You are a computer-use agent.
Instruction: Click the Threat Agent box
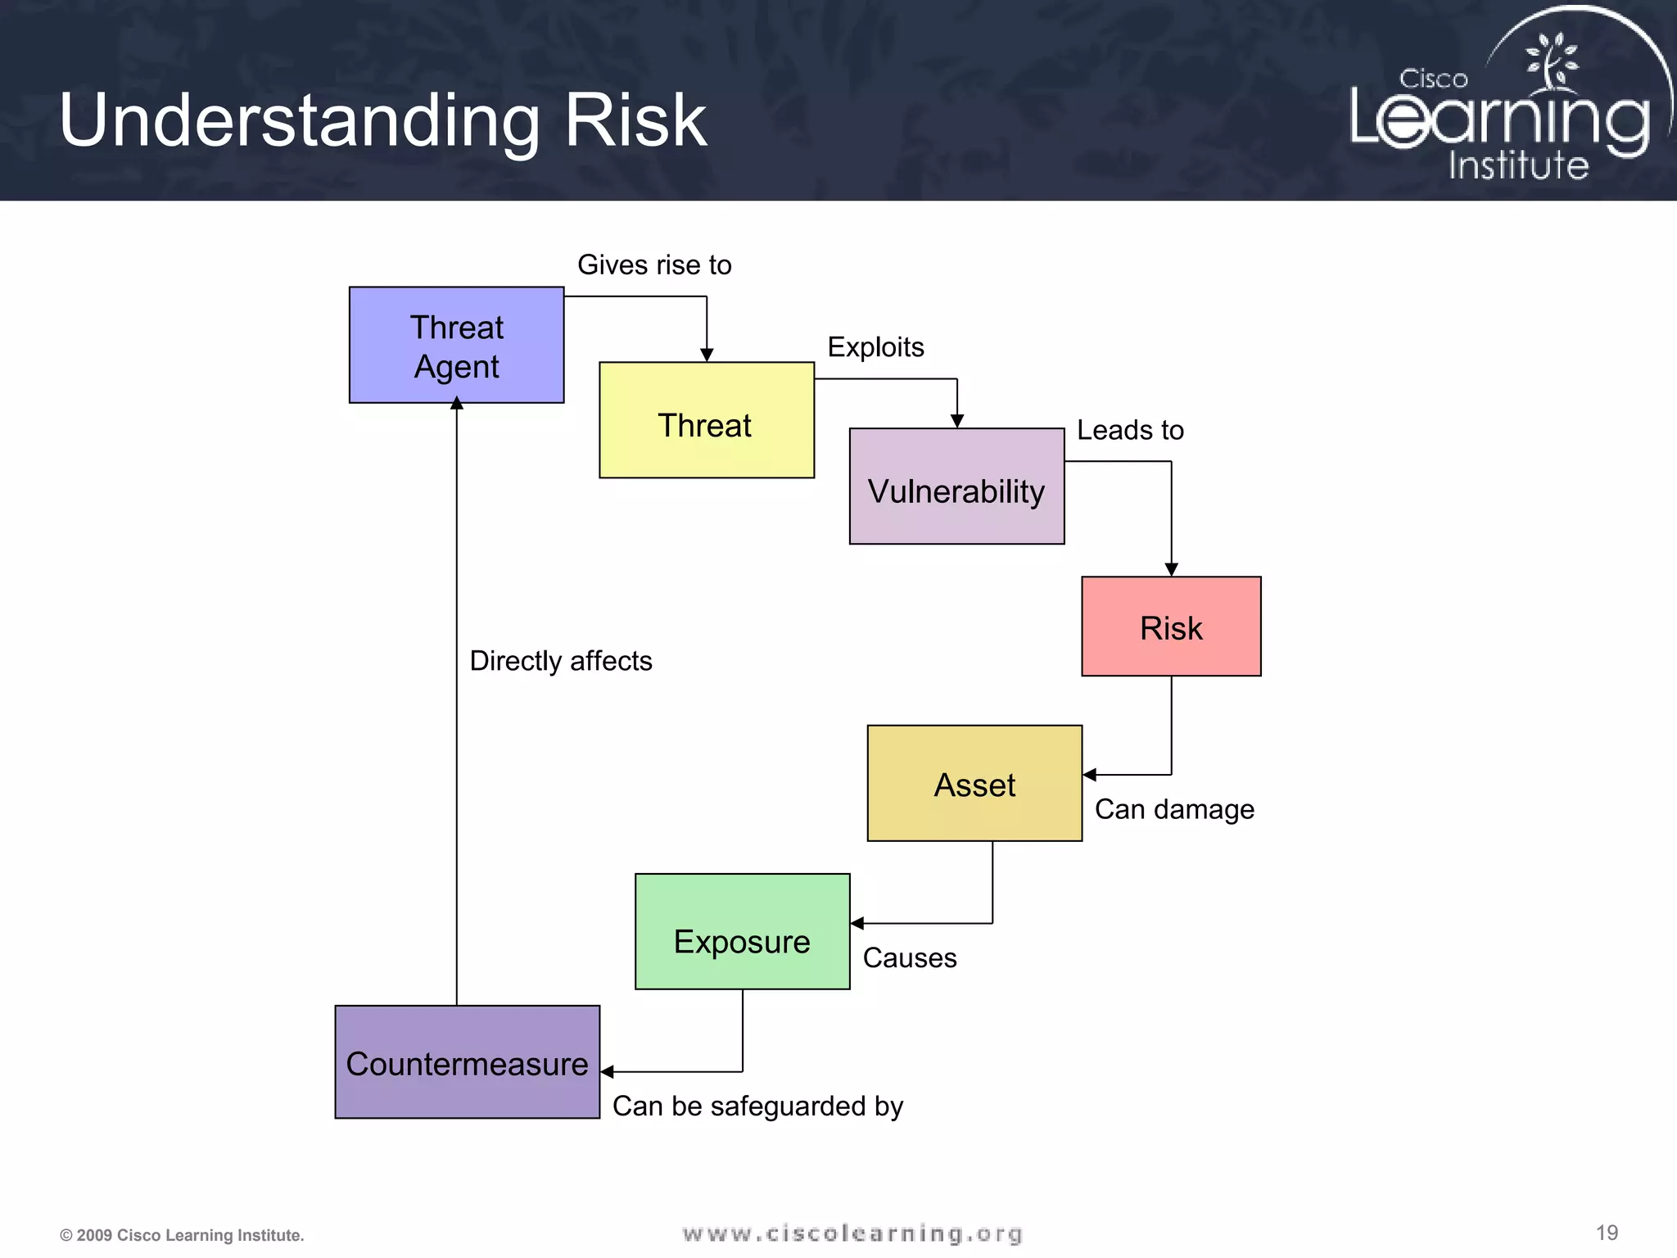click(456, 345)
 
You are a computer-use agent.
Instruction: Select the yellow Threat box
click(706, 420)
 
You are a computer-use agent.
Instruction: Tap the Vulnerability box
click(956, 486)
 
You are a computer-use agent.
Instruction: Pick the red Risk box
click(1171, 627)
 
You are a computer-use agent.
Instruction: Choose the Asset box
click(974, 783)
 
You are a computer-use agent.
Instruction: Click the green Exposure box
click(742, 932)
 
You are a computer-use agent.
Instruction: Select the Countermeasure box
click(467, 1062)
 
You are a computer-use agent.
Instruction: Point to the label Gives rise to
click(654, 265)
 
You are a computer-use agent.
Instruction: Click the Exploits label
click(875, 347)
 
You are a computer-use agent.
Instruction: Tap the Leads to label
click(1130, 430)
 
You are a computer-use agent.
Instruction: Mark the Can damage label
click(1174, 809)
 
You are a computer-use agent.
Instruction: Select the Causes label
click(909, 957)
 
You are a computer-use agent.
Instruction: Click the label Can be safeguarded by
click(757, 1106)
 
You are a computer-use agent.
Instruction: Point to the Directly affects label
click(561, 661)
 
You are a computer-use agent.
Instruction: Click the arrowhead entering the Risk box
click(1171, 570)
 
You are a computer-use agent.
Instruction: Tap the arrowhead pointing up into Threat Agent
click(457, 403)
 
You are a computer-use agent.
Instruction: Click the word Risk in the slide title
click(635, 120)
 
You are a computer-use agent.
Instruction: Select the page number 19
click(1607, 1233)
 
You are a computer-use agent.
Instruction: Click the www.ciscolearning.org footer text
click(852, 1233)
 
